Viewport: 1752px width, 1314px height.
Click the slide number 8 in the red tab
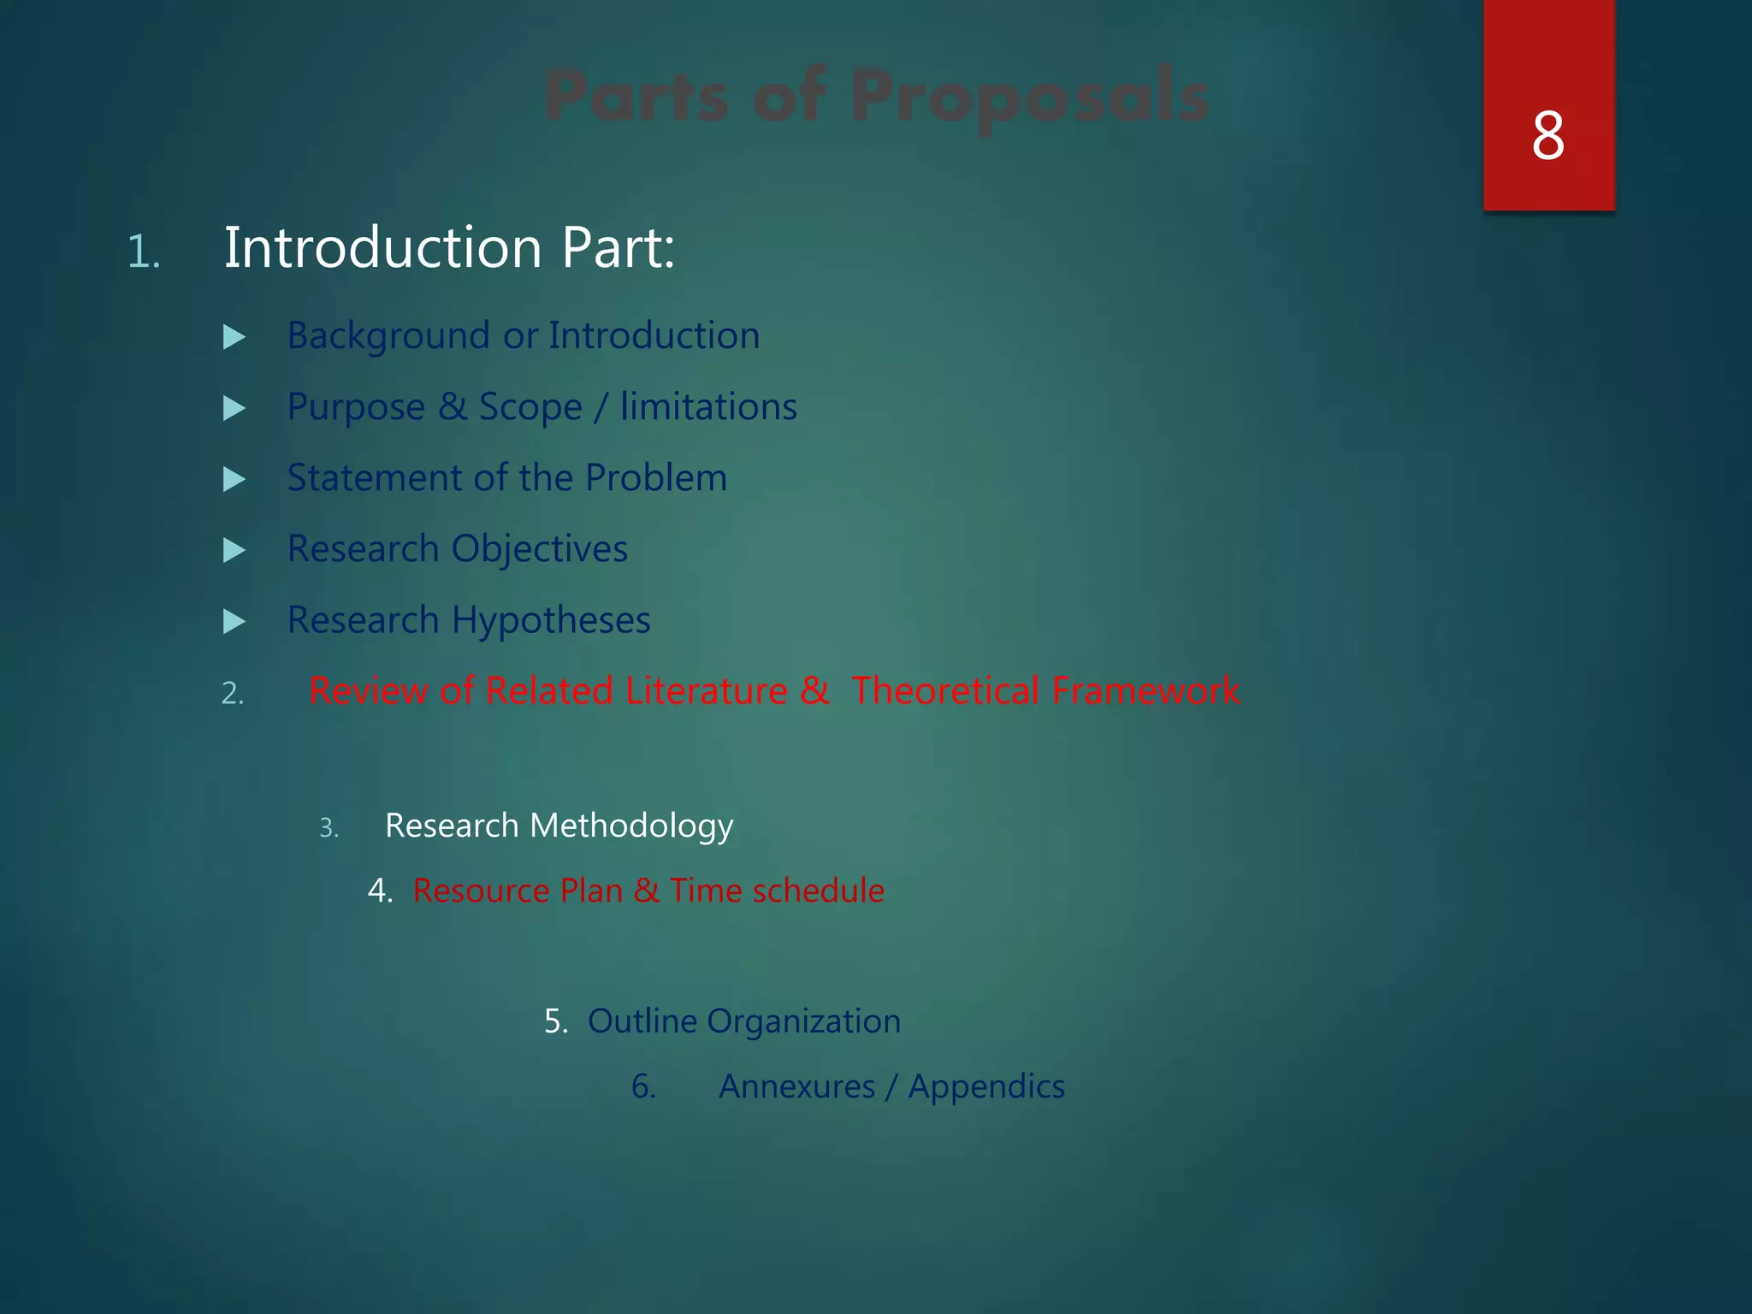coord(1548,136)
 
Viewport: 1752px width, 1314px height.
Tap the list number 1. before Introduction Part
coord(144,252)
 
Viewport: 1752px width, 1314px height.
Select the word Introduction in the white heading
coord(382,248)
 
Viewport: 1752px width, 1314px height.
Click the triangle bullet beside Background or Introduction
coord(234,337)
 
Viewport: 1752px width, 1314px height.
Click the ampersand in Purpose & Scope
coord(453,407)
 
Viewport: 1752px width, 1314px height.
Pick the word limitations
coord(708,406)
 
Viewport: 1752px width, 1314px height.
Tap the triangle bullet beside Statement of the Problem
coord(234,479)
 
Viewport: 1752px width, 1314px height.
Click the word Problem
coord(656,477)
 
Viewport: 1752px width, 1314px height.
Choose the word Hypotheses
coord(551,620)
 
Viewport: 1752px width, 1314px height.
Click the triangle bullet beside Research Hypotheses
coord(234,621)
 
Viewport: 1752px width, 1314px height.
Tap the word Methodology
coord(631,826)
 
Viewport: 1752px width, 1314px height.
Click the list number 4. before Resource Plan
coord(380,891)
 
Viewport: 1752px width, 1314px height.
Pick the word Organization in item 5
coord(803,1021)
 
